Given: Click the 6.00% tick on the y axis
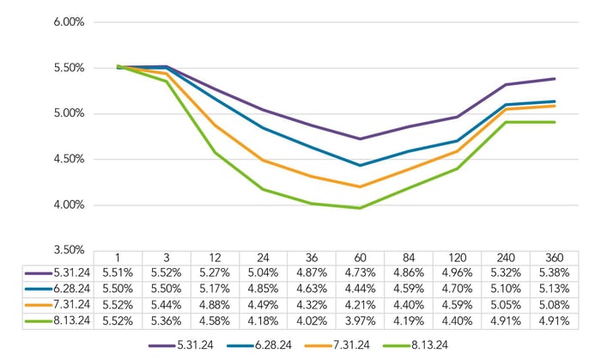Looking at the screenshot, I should click(x=66, y=22).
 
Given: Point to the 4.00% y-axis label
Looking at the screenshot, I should click(x=66, y=205).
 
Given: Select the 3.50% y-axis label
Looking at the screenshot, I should click(x=66, y=251).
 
